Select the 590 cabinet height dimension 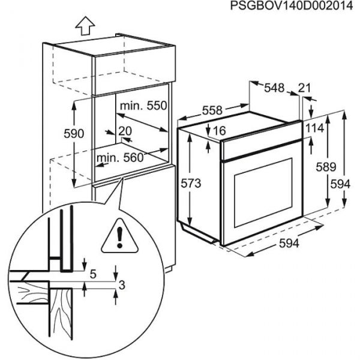57,133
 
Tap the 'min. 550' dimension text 142,106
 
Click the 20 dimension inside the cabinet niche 125,131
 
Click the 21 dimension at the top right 305,88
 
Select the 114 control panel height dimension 314,128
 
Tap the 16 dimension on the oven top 218,130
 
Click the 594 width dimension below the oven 289,244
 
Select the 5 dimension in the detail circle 93,275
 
